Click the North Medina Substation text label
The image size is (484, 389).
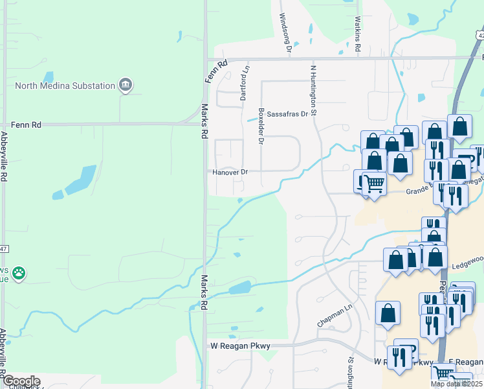tap(64, 85)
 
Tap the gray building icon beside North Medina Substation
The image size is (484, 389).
tap(126, 85)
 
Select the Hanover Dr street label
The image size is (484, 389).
tap(230, 172)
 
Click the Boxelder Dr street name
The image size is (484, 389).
tap(261, 126)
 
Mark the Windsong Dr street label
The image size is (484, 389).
tap(285, 32)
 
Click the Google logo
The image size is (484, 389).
tap(21, 381)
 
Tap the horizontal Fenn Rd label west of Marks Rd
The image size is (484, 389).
tap(26, 124)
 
